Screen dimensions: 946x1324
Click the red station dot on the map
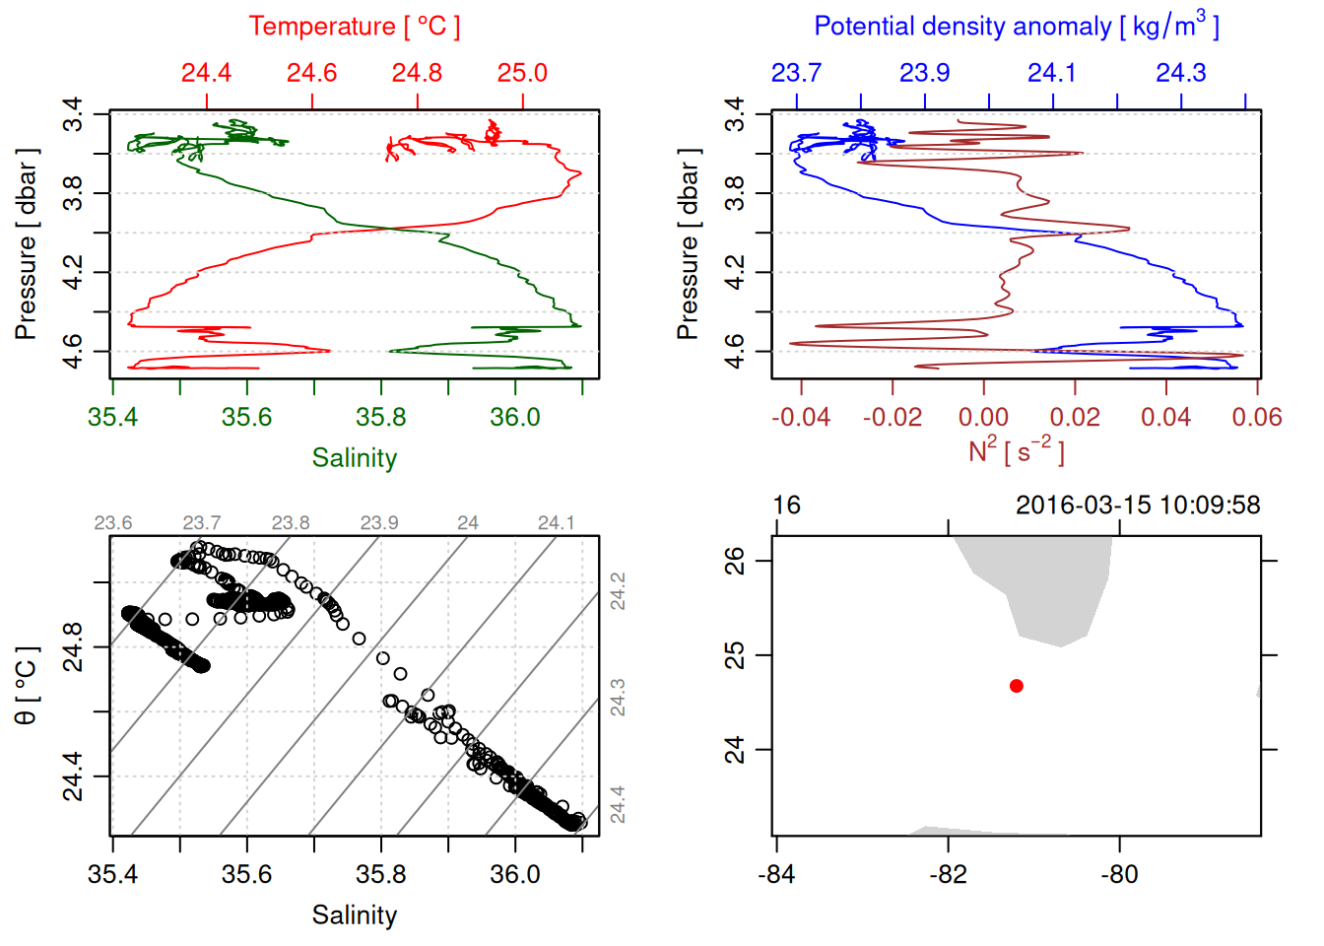click(x=1016, y=686)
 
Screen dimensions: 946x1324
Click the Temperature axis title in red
click(x=354, y=27)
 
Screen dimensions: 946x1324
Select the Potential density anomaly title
click(x=1016, y=27)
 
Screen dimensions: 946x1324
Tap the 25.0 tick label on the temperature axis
click(x=522, y=73)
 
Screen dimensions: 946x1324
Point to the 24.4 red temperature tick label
click(x=206, y=73)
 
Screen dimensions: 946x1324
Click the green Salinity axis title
click(x=354, y=458)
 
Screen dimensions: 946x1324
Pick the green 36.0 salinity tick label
click(x=514, y=418)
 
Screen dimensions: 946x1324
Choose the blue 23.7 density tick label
click(x=796, y=73)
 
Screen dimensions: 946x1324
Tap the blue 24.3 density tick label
click(x=1180, y=73)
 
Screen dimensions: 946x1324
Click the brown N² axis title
click(x=1016, y=450)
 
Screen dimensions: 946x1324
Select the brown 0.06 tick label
click(x=1256, y=418)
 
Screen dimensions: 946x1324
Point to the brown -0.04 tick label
click(x=800, y=418)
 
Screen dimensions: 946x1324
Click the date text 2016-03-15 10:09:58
click(x=1138, y=506)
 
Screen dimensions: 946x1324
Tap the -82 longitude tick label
click(x=948, y=874)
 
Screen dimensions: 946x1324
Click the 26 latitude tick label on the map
click(x=735, y=561)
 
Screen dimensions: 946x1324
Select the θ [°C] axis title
click(x=27, y=686)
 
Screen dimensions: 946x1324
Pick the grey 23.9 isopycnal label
click(x=379, y=522)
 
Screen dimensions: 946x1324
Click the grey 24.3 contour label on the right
click(x=618, y=698)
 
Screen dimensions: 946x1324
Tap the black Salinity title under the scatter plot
click(x=354, y=915)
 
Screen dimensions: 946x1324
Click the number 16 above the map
click(x=786, y=506)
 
